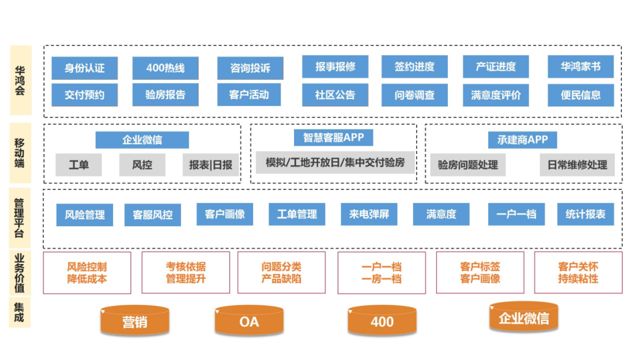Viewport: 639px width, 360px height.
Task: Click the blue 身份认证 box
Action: pos(84,68)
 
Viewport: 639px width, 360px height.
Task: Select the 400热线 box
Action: pos(165,68)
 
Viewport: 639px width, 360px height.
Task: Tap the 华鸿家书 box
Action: pos(580,67)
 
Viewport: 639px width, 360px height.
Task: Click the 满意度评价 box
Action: pos(496,95)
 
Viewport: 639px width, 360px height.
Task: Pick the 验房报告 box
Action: pos(165,95)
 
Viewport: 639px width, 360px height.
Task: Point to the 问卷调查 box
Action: pos(414,95)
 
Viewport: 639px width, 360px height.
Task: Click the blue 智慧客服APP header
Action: pos(333,138)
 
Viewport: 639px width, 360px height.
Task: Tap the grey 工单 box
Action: pos(79,165)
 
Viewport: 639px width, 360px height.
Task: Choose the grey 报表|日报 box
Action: pos(211,165)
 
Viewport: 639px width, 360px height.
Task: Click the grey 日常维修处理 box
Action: pos(577,165)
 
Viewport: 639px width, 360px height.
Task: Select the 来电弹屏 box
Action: pos(369,214)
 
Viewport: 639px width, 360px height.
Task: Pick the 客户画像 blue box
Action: pos(225,214)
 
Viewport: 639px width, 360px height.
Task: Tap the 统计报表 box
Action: pos(585,214)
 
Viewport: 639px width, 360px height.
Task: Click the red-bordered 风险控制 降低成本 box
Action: pos(87,272)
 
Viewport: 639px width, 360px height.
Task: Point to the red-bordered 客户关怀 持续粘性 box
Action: pos(578,272)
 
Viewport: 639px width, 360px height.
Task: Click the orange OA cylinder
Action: pos(249,321)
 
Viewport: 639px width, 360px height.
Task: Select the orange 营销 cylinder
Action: pos(135,322)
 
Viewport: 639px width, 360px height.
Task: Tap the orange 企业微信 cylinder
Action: pos(524,317)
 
